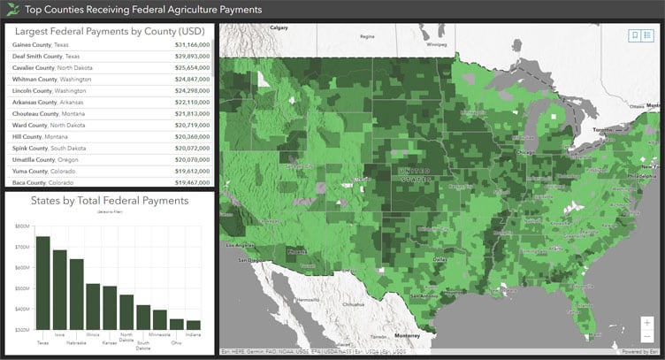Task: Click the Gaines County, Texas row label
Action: coord(41,43)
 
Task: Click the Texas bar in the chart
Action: coord(43,283)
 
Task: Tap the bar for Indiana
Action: coord(194,325)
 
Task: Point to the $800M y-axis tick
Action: coord(22,226)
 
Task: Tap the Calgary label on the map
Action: coord(279,28)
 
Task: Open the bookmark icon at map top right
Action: coord(634,34)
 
